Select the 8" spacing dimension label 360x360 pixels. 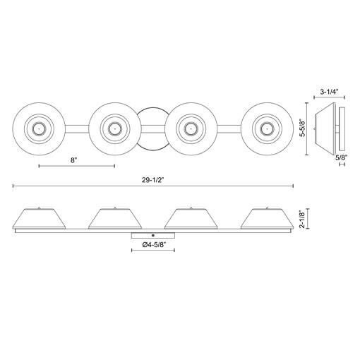tap(74, 160)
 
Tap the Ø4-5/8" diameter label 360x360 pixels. tap(153, 244)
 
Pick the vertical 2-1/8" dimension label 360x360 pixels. tap(301, 218)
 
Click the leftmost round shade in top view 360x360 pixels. tap(38, 128)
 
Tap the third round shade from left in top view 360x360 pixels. tap(190, 128)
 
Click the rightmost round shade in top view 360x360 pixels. tap(266, 128)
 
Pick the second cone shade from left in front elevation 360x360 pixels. tap(115, 219)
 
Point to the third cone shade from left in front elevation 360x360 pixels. tap(191, 219)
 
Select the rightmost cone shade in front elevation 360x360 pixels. tap(268, 219)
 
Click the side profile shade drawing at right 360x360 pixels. tap(328, 128)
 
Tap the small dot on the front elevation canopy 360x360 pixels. tap(153, 234)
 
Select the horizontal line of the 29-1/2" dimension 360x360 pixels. tap(212, 186)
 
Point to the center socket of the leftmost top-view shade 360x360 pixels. tap(38, 128)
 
